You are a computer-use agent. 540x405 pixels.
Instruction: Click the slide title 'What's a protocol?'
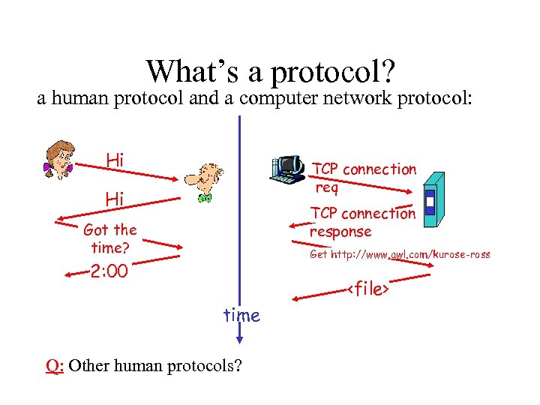(271, 72)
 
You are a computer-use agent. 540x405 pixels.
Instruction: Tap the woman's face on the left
(58, 155)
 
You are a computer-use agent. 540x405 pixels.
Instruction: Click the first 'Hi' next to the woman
(115, 160)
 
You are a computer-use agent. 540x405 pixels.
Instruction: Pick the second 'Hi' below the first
(115, 199)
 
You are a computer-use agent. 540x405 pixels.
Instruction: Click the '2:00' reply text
(109, 271)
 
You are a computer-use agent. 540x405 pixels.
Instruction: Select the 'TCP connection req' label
(364, 178)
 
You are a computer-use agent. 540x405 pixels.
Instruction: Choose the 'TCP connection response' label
(362, 222)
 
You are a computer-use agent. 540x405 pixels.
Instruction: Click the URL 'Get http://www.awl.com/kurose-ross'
(400, 255)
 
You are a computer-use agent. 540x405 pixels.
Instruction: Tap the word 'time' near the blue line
(241, 316)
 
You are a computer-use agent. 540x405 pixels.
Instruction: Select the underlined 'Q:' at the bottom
(54, 366)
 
